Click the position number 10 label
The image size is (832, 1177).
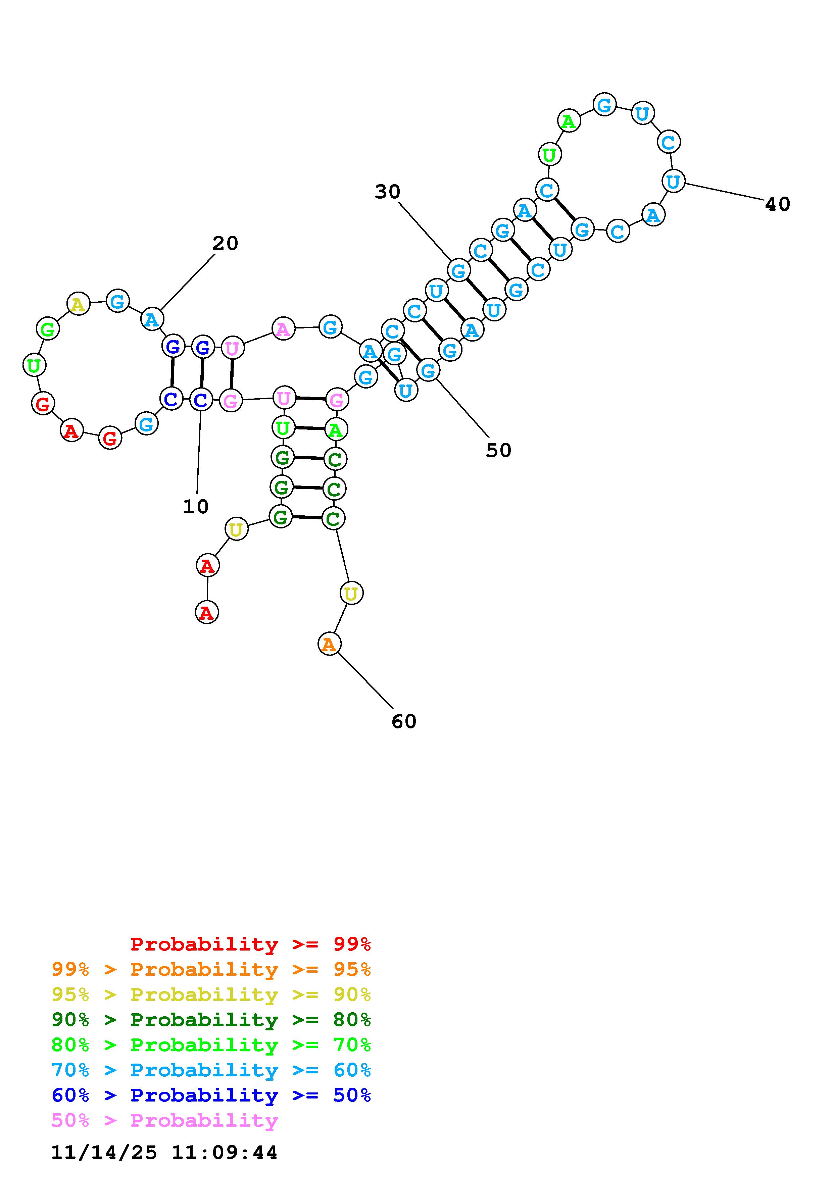(x=196, y=507)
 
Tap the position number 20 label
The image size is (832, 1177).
(x=226, y=244)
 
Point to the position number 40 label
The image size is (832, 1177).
(x=777, y=204)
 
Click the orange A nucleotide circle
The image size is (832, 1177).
(x=329, y=644)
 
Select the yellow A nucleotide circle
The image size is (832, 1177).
(x=78, y=305)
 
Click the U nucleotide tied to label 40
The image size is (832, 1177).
(x=673, y=182)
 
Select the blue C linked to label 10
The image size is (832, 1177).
(x=201, y=399)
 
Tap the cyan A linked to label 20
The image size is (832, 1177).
(x=152, y=319)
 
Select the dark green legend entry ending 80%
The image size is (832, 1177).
(x=211, y=1020)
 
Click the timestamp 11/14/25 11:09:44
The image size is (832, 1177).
(x=164, y=1152)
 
